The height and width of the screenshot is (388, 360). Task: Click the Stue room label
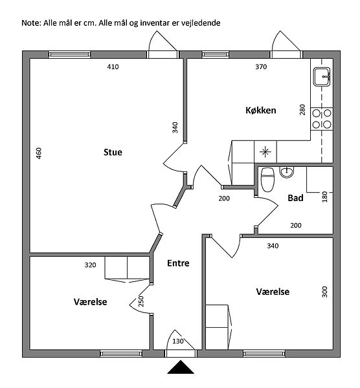113,152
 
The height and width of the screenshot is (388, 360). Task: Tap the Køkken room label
261,110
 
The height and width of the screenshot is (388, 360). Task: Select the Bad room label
295,198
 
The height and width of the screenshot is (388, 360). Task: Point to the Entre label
178,263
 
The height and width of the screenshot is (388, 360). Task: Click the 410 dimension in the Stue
113,67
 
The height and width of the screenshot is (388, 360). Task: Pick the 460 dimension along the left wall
39,153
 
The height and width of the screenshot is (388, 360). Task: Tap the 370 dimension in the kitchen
261,67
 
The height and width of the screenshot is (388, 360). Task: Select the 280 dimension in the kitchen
302,110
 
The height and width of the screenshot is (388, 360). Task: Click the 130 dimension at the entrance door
178,341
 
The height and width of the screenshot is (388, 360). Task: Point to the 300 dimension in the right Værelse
324,292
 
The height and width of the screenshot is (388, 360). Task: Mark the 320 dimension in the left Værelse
90,265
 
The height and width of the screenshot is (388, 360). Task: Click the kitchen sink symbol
322,77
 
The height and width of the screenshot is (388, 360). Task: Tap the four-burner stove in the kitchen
322,119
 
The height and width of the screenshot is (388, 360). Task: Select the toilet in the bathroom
267,180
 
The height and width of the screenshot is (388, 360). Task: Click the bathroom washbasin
287,172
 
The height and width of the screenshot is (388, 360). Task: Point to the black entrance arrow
181,367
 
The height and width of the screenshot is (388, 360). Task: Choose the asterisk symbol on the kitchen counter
265,152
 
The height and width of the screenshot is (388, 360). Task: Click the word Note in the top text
31,23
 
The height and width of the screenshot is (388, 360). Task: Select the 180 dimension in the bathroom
324,197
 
